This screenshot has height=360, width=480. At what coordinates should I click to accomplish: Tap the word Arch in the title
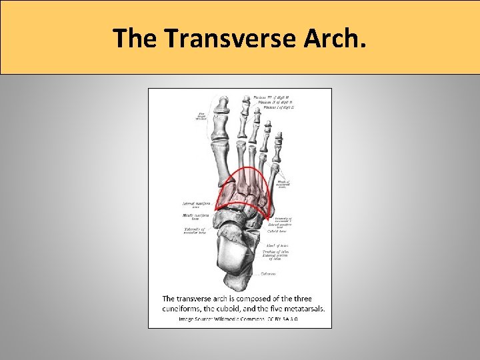[339, 39]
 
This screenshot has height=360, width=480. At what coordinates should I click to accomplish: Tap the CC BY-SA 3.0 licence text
[284, 319]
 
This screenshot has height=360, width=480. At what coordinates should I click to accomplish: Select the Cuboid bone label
[275, 231]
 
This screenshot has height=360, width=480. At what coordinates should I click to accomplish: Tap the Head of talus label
[277, 245]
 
